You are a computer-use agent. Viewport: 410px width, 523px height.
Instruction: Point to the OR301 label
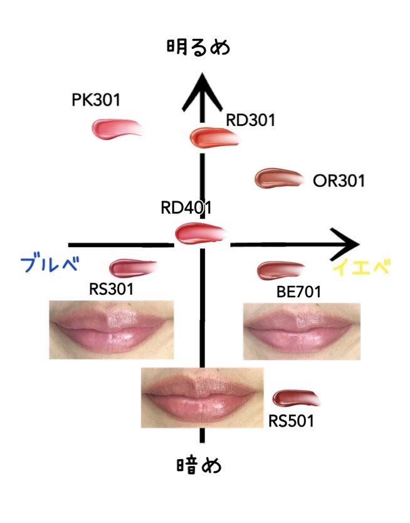pos(339,181)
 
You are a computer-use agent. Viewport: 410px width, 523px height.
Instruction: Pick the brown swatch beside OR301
pos(279,179)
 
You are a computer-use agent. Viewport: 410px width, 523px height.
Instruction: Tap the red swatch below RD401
pos(199,234)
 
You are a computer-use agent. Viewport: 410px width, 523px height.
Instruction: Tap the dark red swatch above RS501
pos(295,398)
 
